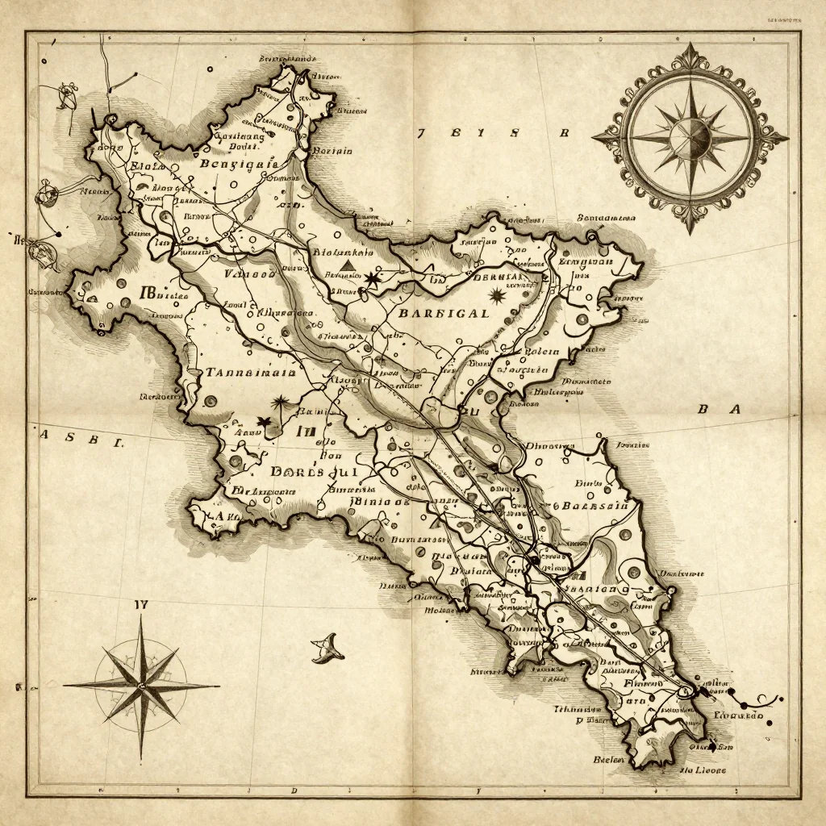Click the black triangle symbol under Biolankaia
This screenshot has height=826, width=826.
[348, 265]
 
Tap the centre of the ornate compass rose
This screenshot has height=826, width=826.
[690, 138]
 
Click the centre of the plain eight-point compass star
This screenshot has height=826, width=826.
[141, 686]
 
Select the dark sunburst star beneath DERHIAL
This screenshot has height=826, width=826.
[495, 297]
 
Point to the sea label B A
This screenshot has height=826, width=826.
[718, 410]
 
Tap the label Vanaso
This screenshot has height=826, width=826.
[248, 274]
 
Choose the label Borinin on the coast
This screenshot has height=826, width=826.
[332, 150]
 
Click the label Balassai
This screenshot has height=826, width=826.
[595, 507]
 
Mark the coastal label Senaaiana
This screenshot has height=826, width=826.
[606, 218]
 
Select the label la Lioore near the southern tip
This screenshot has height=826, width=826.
[702, 770]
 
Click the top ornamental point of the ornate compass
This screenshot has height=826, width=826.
[690, 50]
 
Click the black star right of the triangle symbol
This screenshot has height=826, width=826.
[372, 279]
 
